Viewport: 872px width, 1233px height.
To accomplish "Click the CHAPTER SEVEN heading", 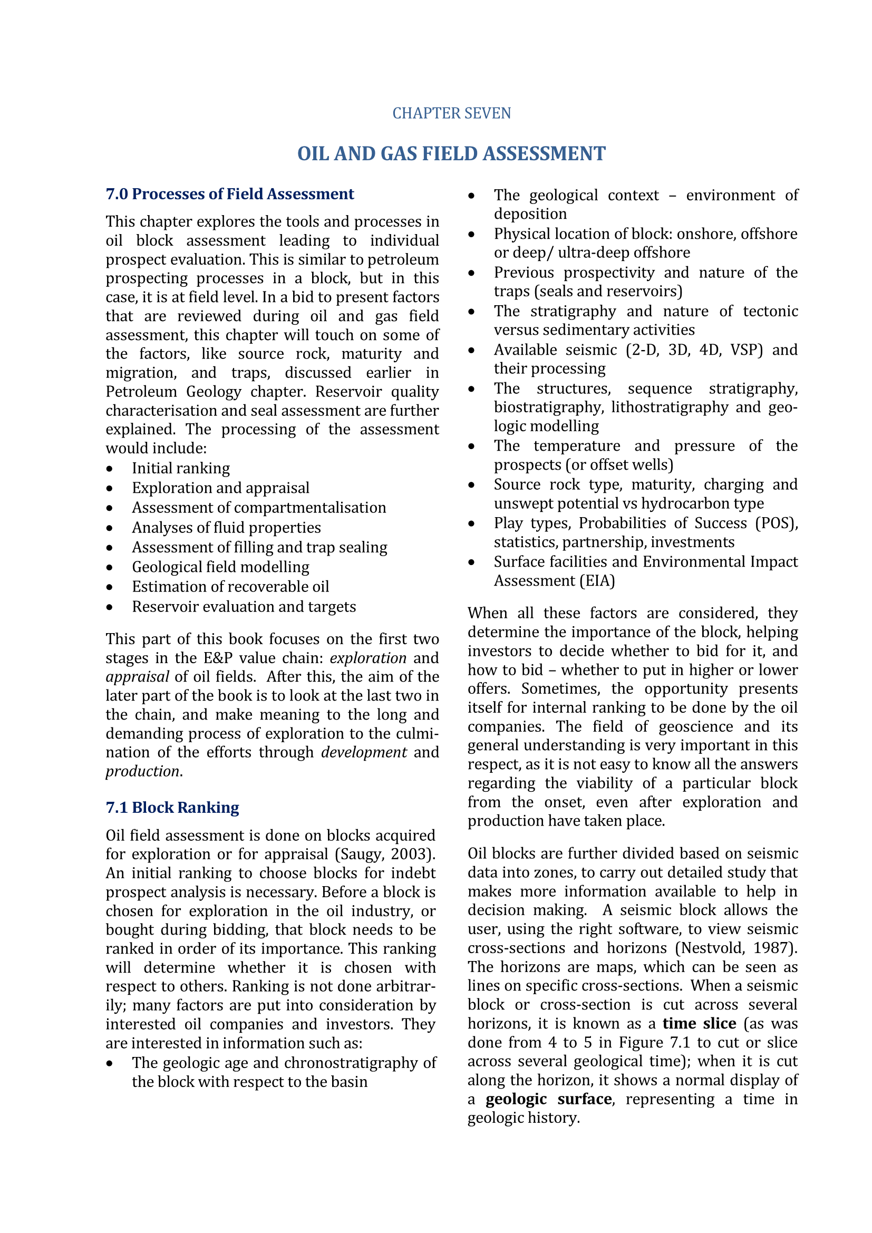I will tap(451, 113).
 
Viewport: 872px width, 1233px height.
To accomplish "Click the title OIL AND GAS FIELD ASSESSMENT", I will tap(451, 153).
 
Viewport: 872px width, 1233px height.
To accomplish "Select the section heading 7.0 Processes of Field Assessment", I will tap(230, 194).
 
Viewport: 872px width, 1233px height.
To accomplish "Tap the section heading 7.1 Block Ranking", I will tap(172, 808).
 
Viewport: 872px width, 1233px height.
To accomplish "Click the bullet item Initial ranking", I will tap(180, 468).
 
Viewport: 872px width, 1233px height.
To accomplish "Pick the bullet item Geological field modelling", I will tap(220, 567).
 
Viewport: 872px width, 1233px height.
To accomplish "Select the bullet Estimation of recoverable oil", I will tap(230, 586).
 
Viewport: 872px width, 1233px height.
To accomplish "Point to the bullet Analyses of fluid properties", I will tap(226, 527).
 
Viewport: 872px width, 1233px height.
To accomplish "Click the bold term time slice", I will tap(699, 1024).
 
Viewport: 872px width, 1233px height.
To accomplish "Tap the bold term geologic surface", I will tap(548, 1099).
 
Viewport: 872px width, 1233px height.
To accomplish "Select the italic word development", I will tap(364, 752).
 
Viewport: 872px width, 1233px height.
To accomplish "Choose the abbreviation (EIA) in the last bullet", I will tap(597, 581).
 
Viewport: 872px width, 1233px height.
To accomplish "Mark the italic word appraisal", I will tap(137, 677).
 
